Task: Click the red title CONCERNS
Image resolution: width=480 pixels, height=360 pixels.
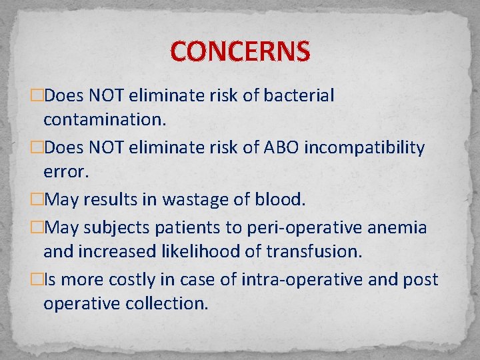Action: pyautogui.click(x=240, y=51)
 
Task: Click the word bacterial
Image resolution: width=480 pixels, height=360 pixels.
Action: pyautogui.click(x=299, y=95)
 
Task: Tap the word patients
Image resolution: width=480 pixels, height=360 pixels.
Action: pyautogui.click(x=183, y=227)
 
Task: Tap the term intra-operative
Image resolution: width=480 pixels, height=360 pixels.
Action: pyautogui.click(x=299, y=279)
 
